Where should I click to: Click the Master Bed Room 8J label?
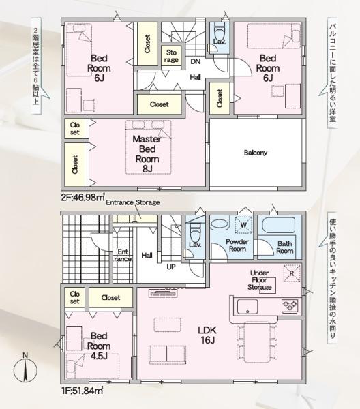point(147,154)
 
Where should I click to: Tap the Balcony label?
point(256,153)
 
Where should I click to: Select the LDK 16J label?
point(207,335)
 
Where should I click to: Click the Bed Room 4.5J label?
point(99,346)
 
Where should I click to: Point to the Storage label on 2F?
point(171,56)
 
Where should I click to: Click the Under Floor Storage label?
point(260,280)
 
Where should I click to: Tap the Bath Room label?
point(285,247)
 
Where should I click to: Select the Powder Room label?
point(237,245)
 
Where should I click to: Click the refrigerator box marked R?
point(292,273)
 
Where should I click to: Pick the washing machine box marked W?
point(243,224)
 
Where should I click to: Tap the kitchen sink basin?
point(247,307)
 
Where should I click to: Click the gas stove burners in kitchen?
point(290,305)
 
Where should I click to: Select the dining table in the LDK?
point(257,342)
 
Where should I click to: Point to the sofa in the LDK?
point(167,354)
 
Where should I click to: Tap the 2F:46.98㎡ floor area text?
point(83,197)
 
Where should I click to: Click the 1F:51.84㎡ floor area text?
point(82,391)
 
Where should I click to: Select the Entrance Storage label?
point(133,202)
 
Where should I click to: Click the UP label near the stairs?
point(171,267)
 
